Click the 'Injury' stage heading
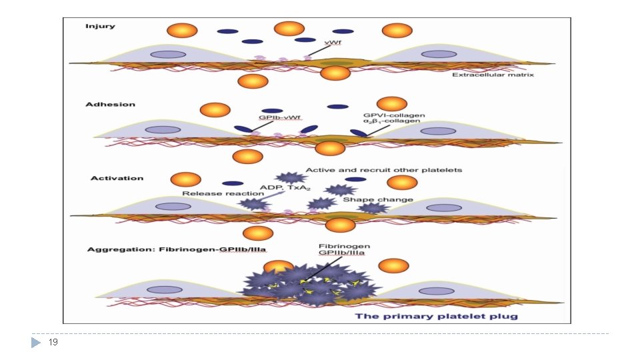click(100, 27)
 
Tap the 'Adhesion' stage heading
click(110, 105)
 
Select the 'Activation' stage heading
click(117, 178)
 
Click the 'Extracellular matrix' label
click(493, 75)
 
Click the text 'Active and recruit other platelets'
click(383, 170)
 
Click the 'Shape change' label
click(377, 199)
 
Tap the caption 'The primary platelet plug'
click(436, 316)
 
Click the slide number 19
click(53, 342)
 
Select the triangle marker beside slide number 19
click(37, 342)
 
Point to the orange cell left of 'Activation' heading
click(185, 179)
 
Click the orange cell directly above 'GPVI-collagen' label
click(391, 103)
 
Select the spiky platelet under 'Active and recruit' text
click(291, 178)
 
